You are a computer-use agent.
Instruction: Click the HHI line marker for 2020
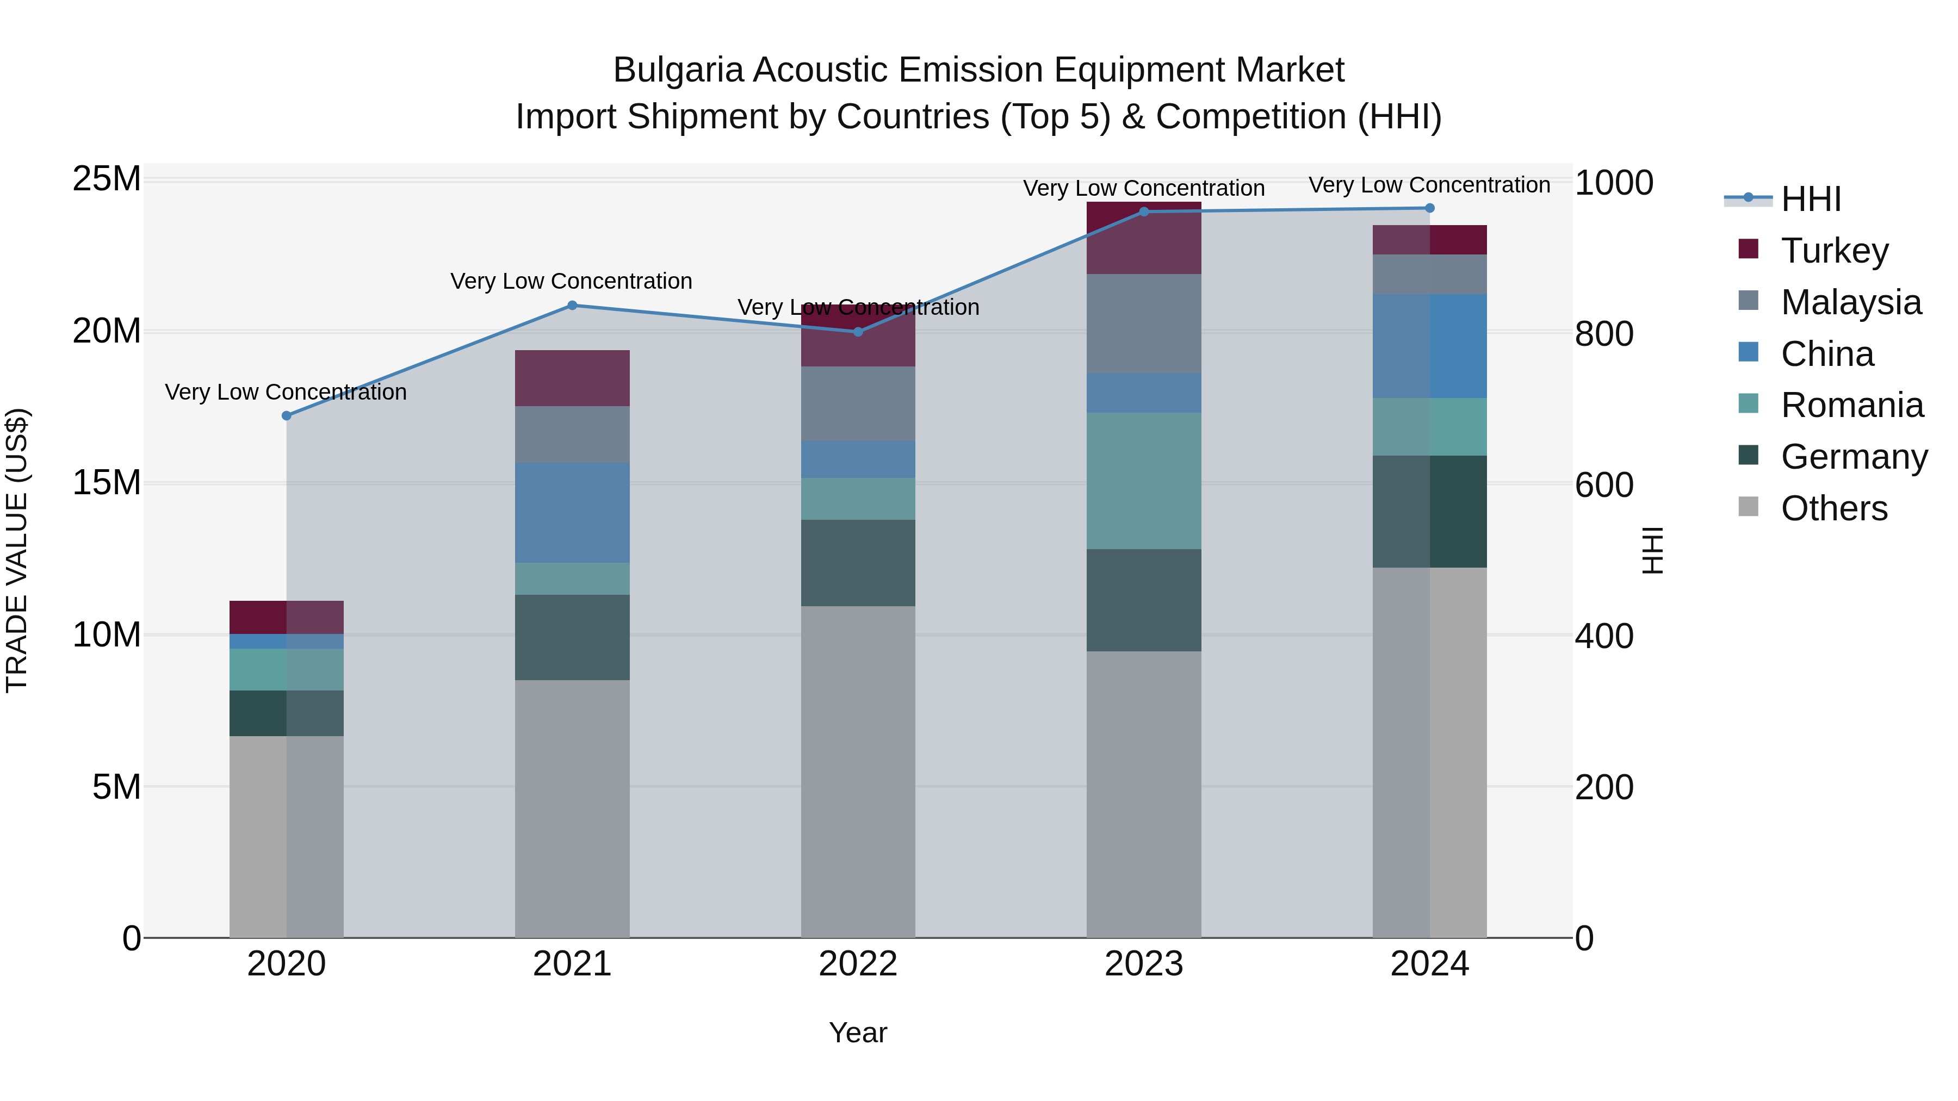[x=287, y=415]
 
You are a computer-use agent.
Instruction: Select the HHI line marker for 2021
[x=572, y=306]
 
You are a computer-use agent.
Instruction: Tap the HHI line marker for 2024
[x=1430, y=208]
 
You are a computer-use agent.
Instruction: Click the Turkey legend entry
[x=1834, y=251]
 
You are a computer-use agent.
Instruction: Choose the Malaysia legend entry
[x=1850, y=302]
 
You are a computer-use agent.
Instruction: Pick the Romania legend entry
[x=1851, y=405]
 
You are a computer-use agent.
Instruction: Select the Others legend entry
[x=1833, y=508]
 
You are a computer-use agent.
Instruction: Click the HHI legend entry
[x=1811, y=199]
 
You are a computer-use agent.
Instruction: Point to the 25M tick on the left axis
[x=107, y=179]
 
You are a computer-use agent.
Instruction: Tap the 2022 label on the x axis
[x=858, y=964]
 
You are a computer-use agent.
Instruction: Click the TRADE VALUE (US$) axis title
[x=17, y=550]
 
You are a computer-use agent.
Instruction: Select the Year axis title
[x=858, y=1032]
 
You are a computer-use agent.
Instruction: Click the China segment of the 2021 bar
[x=572, y=513]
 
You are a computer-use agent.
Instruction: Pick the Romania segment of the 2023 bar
[x=1144, y=481]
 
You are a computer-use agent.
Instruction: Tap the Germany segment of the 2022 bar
[x=858, y=563]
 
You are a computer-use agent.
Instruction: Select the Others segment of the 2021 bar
[x=572, y=808]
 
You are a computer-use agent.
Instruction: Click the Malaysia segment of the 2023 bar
[x=1144, y=324]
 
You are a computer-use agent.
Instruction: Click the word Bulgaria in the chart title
[x=678, y=71]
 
